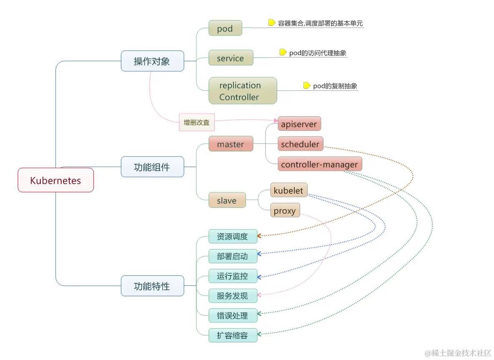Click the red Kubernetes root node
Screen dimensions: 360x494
tap(55, 180)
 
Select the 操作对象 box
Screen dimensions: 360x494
tap(152, 61)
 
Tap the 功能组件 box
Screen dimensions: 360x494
tap(152, 167)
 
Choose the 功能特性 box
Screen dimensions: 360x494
tap(152, 286)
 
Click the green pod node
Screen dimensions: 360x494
tap(225, 29)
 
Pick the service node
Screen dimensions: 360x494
tap(231, 58)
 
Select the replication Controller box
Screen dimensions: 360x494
tap(243, 91)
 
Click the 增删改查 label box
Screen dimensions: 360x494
tap(196, 123)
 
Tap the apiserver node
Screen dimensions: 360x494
tap(299, 124)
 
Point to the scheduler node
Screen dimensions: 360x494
tap(300, 144)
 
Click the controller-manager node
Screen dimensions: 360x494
tap(319, 164)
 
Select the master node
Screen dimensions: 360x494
tap(231, 144)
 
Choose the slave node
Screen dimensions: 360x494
tap(227, 200)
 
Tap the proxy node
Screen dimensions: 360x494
tap(285, 211)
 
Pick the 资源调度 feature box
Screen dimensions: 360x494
tap(233, 237)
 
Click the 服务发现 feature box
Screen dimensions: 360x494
tap(233, 296)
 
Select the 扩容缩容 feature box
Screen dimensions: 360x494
tap(233, 335)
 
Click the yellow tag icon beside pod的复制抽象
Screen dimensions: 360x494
tap(307, 86)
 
